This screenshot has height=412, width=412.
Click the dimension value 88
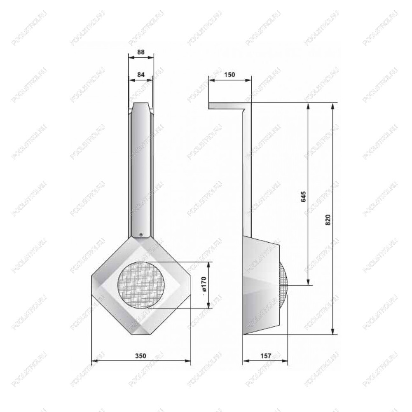coord(141,52)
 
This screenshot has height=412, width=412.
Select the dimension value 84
coord(141,75)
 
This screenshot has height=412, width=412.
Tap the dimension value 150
coord(229,75)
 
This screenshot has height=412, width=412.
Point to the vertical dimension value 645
coord(304,197)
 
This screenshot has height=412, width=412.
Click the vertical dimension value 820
coord(328,220)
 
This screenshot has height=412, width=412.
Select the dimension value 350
coord(140,356)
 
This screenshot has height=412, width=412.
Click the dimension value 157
coord(266,356)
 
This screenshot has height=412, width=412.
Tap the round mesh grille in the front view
coord(141,285)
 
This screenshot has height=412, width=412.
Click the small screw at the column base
coord(141,234)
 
